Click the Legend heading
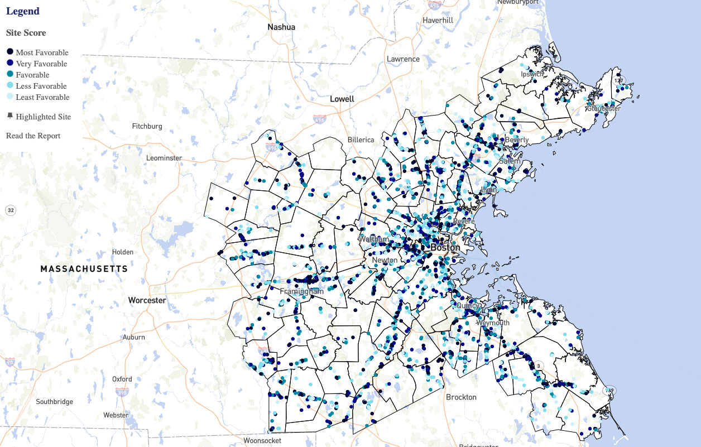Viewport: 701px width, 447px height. [23, 11]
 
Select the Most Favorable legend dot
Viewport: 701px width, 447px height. [10, 52]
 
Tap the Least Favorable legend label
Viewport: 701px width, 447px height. [42, 97]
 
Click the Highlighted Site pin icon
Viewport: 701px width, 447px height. [10, 116]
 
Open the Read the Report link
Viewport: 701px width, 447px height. [33, 136]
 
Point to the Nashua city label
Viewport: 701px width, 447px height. [281, 27]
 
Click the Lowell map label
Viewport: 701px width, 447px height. [342, 99]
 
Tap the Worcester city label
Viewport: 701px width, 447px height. [147, 300]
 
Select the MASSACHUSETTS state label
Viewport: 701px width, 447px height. [84, 269]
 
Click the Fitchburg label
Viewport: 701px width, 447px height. [147, 126]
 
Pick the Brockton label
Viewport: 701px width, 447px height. [461, 397]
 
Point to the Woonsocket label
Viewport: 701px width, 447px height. [262, 440]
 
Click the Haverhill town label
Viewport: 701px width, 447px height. [438, 20]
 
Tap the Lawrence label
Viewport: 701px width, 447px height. [403, 59]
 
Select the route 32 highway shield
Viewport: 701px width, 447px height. [11, 210]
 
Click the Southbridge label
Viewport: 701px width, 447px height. [54, 402]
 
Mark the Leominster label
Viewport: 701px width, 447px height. [164, 158]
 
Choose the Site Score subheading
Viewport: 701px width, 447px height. [26, 33]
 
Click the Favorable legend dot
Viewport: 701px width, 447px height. [10, 74]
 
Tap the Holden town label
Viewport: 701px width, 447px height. [123, 252]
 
